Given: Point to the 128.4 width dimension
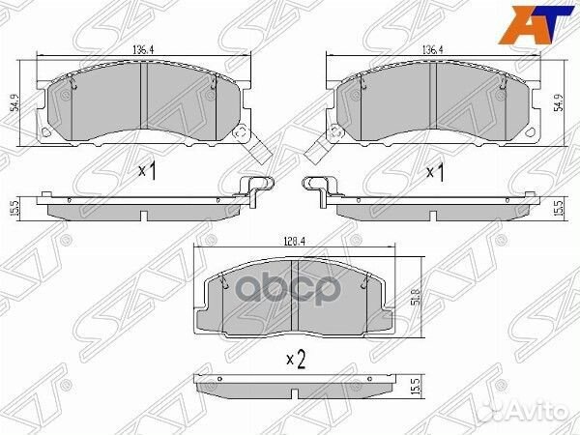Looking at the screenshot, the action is coord(294,242).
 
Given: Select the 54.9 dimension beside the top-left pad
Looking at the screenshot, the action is coord(15,103).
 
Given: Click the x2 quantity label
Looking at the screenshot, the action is coord(297,361).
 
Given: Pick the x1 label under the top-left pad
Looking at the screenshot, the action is coord(147,171).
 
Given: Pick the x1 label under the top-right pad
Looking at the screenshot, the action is coord(435,172).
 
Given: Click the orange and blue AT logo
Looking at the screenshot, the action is coord(536,24).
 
